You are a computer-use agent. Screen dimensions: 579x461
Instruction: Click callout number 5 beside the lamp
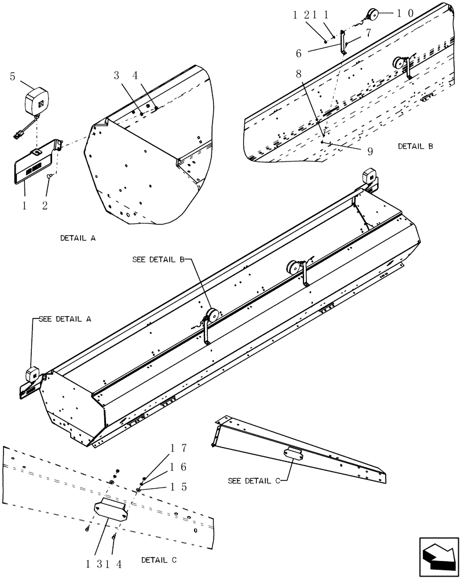13,75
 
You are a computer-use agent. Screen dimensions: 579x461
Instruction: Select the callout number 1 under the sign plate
24,204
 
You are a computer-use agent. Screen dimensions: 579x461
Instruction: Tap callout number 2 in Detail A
45,204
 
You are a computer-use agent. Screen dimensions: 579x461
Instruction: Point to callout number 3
116,75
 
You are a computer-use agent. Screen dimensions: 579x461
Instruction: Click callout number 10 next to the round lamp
405,13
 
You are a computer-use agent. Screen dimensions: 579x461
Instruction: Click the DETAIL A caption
78,238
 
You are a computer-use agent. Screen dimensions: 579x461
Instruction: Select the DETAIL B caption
415,146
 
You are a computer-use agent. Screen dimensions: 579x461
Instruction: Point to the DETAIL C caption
159,560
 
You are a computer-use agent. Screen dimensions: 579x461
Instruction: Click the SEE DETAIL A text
65,319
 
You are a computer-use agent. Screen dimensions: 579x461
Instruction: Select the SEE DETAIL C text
254,481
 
